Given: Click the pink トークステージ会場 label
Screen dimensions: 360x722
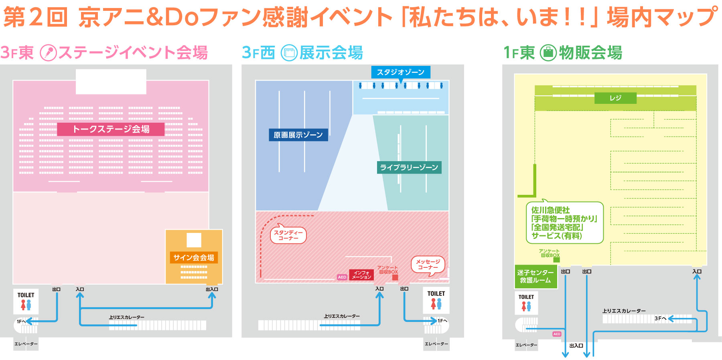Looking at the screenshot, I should [111, 129].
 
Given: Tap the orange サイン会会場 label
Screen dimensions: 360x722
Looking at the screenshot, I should [194, 257].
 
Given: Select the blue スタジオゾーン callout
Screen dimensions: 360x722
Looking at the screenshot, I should [400, 72].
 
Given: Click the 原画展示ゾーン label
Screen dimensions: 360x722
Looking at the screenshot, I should [298, 135].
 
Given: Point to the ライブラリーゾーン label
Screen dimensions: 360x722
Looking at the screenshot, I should [409, 167].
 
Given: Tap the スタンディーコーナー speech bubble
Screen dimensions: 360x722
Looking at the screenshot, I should [288, 235].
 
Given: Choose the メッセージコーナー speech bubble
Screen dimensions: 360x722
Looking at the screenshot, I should [428, 265].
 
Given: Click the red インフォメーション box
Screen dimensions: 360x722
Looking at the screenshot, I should [361, 275].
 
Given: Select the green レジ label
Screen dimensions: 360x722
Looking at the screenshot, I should [615, 98].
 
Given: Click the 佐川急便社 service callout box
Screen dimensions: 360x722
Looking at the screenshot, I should [564, 222].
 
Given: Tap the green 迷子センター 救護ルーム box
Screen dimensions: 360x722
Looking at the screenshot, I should [535, 276].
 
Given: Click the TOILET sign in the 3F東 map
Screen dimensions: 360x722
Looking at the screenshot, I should [26, 301].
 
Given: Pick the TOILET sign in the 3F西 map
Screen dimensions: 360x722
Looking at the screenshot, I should [436, 300].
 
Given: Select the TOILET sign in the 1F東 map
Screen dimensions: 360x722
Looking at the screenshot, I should [526, 303].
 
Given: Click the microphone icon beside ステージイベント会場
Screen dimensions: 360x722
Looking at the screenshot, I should [49, 53].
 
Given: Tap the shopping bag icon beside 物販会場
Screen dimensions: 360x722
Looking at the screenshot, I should [548, 53].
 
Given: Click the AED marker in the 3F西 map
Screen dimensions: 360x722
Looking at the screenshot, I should [342, 277].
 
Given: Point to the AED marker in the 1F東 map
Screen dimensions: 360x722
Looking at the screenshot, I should [557, 334].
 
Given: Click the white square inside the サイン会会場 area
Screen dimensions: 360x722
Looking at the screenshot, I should [194, 240].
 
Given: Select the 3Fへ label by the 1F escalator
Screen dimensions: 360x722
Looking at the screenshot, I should [660, 318].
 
